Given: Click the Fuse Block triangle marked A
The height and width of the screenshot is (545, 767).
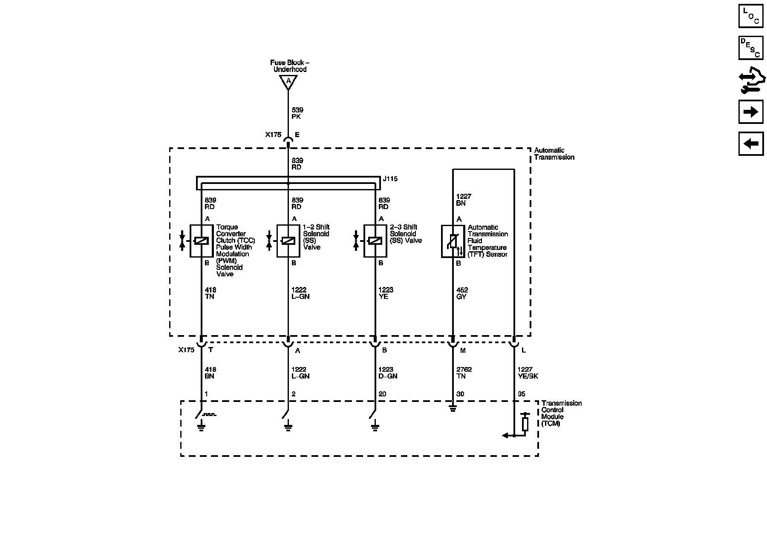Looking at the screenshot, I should point(288,81).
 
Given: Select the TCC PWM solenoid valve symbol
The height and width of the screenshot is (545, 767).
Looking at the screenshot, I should point(201,241).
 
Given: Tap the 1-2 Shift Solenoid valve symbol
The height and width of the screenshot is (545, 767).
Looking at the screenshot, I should point(288,241).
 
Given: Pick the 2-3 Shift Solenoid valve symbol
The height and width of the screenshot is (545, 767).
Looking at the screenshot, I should point(375,241).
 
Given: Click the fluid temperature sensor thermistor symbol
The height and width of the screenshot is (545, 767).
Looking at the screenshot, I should point(453,241).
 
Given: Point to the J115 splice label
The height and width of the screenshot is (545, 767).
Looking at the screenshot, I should point(390,179).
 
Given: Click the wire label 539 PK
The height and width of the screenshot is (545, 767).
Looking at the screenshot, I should point(297,113).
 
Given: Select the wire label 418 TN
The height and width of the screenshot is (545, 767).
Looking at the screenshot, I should point(210,293).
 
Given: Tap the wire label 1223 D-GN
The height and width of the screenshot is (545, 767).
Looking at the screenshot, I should point(386,373).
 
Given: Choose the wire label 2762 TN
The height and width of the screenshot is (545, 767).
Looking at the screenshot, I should point(464,373).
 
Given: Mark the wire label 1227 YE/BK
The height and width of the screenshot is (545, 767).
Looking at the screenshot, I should point(528,373).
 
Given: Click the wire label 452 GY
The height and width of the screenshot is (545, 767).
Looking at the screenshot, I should point(462,293).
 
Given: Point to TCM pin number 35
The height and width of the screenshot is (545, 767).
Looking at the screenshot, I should point(522,394).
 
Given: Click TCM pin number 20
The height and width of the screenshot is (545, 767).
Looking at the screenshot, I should point(382,394).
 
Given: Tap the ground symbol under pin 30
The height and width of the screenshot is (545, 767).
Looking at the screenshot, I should point(453,409).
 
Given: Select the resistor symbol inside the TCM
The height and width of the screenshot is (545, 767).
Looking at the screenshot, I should point(525,424).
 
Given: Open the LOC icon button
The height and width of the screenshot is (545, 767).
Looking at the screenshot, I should point(751,16).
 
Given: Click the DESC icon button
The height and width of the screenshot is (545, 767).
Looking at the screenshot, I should point(751,48).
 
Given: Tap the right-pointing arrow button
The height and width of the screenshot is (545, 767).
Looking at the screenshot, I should point(751,112).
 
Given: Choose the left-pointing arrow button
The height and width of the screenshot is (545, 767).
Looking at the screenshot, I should point(751,143).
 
